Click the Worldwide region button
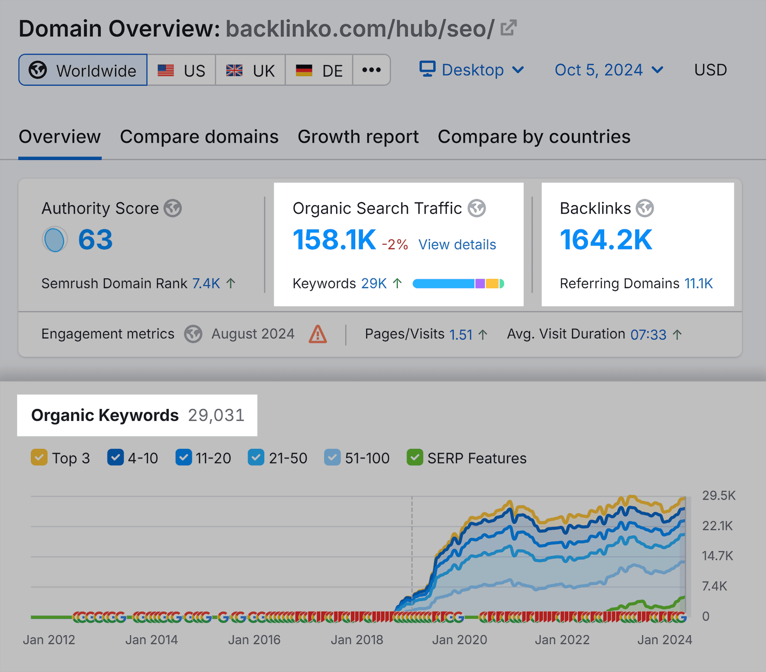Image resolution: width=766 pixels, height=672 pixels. pyautogui.click(x=83, y=70)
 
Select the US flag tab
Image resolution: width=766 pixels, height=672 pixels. pyautogui.click(x=181, y=70)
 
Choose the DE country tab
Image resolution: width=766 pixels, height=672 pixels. pyautogui.click(x=319, y=70)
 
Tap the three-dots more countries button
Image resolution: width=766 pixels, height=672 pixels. pyautogui.click(x=372, y=70)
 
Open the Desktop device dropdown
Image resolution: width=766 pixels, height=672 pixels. pyautogui.click(x=472, y=70)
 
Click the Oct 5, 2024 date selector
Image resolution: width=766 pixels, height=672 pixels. pyautogui.click(x=608, y=70)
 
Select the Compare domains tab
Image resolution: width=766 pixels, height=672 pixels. pyautogui.click(x=199, y=137)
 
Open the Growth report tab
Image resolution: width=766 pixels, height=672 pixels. pyautogui.click(x=358, y=137)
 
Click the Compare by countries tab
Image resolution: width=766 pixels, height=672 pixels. pyautogui.click(x=534, y=137)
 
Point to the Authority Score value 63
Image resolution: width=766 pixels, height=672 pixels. pyautogui.click(x=95, y=239)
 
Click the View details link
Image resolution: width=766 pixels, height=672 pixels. pyautogui.click(x=457, y=245)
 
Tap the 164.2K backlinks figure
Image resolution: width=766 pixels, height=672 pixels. pyautogui.click(x=606, y=239)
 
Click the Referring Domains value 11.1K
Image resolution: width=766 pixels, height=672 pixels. pyautogui.click(x=698, y=284)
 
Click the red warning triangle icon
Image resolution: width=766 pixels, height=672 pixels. pyautogui.click(x=317, y=334)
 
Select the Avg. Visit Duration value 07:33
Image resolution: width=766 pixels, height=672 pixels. pyautogui.click(x=648, y=334)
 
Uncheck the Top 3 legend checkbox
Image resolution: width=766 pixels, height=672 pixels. pyautogui.click(x=39, y=457)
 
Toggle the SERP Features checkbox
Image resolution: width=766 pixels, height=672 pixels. pyautogui.click(x=415, y=457)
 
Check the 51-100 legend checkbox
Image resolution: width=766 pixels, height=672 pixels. pyautogui.click(x=332, y=457)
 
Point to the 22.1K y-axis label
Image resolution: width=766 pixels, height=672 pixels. pyautogui.click(x=717, y=526)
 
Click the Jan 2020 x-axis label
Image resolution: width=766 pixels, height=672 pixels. pyautogui.click(x=459, y=639)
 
